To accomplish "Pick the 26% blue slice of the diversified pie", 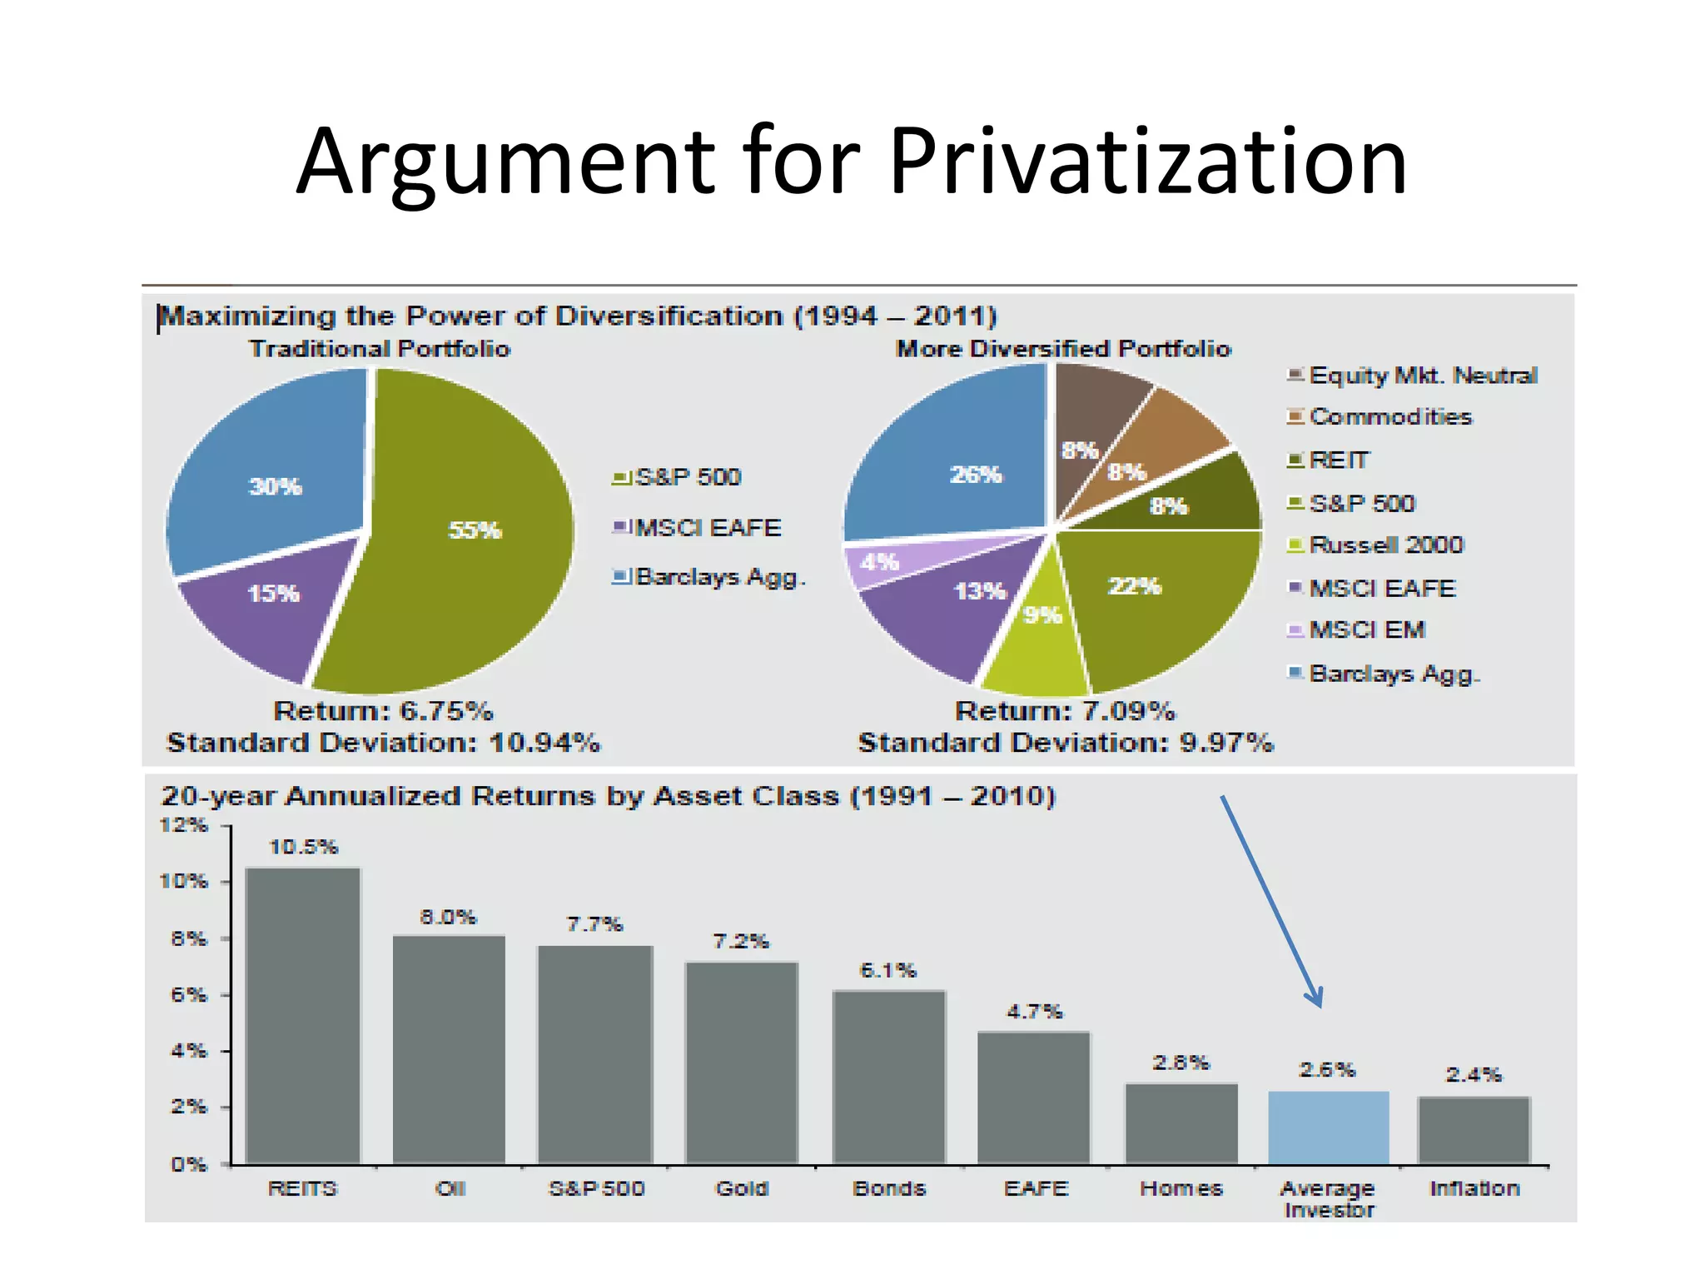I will coord(957,466).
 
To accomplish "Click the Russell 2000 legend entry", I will coord(1385,545).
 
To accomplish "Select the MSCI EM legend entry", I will coord(1366,630).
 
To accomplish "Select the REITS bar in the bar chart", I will coord(303,1016).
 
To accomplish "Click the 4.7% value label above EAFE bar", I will coord(1034,1012).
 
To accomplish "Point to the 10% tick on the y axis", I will coord(185,882).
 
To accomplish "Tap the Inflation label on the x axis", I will coord(1474,1188).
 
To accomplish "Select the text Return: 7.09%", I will coord(1065,711).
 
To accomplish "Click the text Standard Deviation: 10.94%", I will coord(383,743).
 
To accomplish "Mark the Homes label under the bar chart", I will coord(1181,1188).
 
